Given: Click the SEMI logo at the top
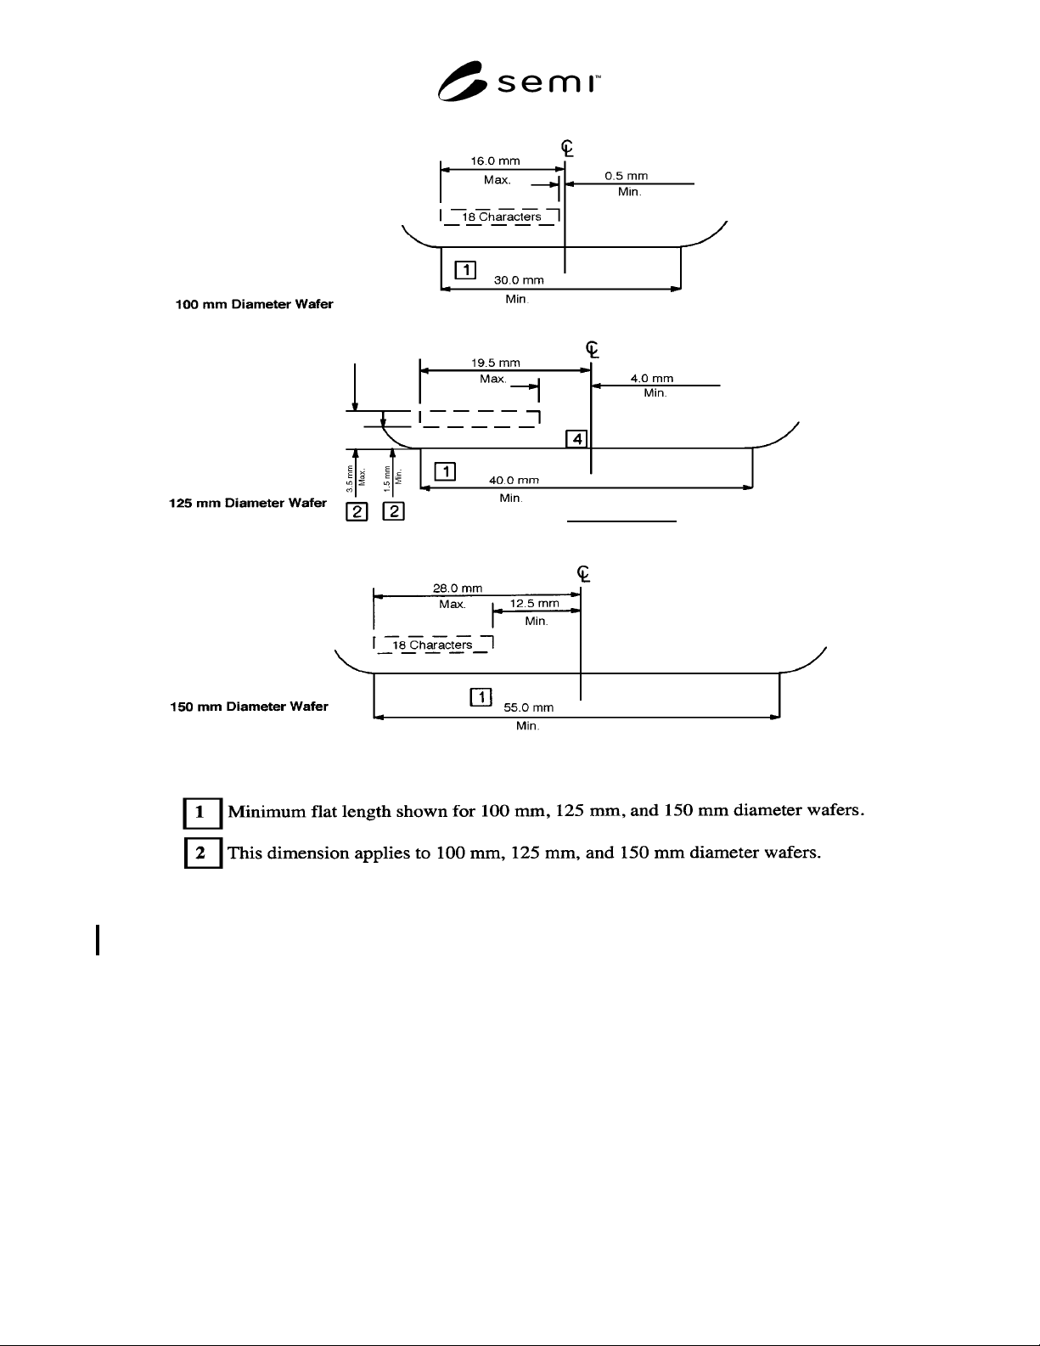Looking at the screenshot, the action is pyautogui.click(x=519, y=82).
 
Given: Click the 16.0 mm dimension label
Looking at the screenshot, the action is pyautogui.click(x=495, y=161).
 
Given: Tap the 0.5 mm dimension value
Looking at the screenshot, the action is pyautogui.click(x=627, y=176).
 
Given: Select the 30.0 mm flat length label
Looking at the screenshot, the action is pyautogui.click(x=519, y=280).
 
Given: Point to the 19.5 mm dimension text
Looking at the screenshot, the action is pyautogui.click(x=495, y=363).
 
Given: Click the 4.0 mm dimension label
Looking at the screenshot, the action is pyautogui.click(x=652, y=379).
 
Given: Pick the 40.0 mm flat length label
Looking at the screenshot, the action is pyautogui.click(x=514, y=480).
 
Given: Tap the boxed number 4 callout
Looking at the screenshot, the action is pyautogui.click(x=577, y=439).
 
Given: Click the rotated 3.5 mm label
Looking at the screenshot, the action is pyautogui.click(x=350, y=479).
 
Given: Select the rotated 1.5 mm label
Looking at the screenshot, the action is pyautogui.click(x=387, y=479).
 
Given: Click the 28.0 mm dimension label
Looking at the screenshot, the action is pyautogui.click(x=458, y=589).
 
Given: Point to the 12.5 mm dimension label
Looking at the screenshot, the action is pyautogui.click(x=534, y=603).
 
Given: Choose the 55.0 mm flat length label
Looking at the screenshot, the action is pyautogui.click(x=528, y=707).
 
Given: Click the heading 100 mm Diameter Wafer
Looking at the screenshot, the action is pyautogui.click(x=255, y=304).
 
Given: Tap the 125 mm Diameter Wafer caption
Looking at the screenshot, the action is pyautogui.click(x=248, y=503).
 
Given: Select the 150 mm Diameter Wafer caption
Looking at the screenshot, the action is pyautogui.click(x=249, y=707).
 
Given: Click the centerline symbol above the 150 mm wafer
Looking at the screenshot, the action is pyautogui.click(x=583, y=573).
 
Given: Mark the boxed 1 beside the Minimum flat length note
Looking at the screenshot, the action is pyautogui.click(x=202, y=813).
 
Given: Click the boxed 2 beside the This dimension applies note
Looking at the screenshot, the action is pyautogui.click(x=203, y=853).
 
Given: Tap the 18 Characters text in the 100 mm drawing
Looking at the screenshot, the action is pyautogui.click(x=502, y=217).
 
